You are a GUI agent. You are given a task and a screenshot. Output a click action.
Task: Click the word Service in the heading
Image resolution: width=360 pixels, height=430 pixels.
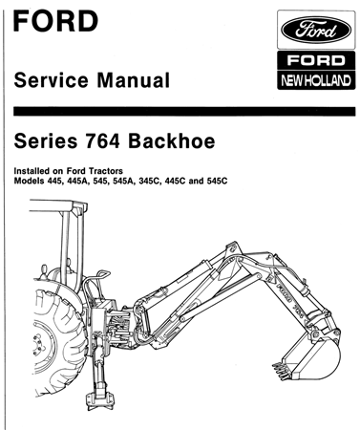pos(53,81)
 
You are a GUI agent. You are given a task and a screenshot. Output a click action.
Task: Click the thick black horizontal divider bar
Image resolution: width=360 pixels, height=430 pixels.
pos(180,112)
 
